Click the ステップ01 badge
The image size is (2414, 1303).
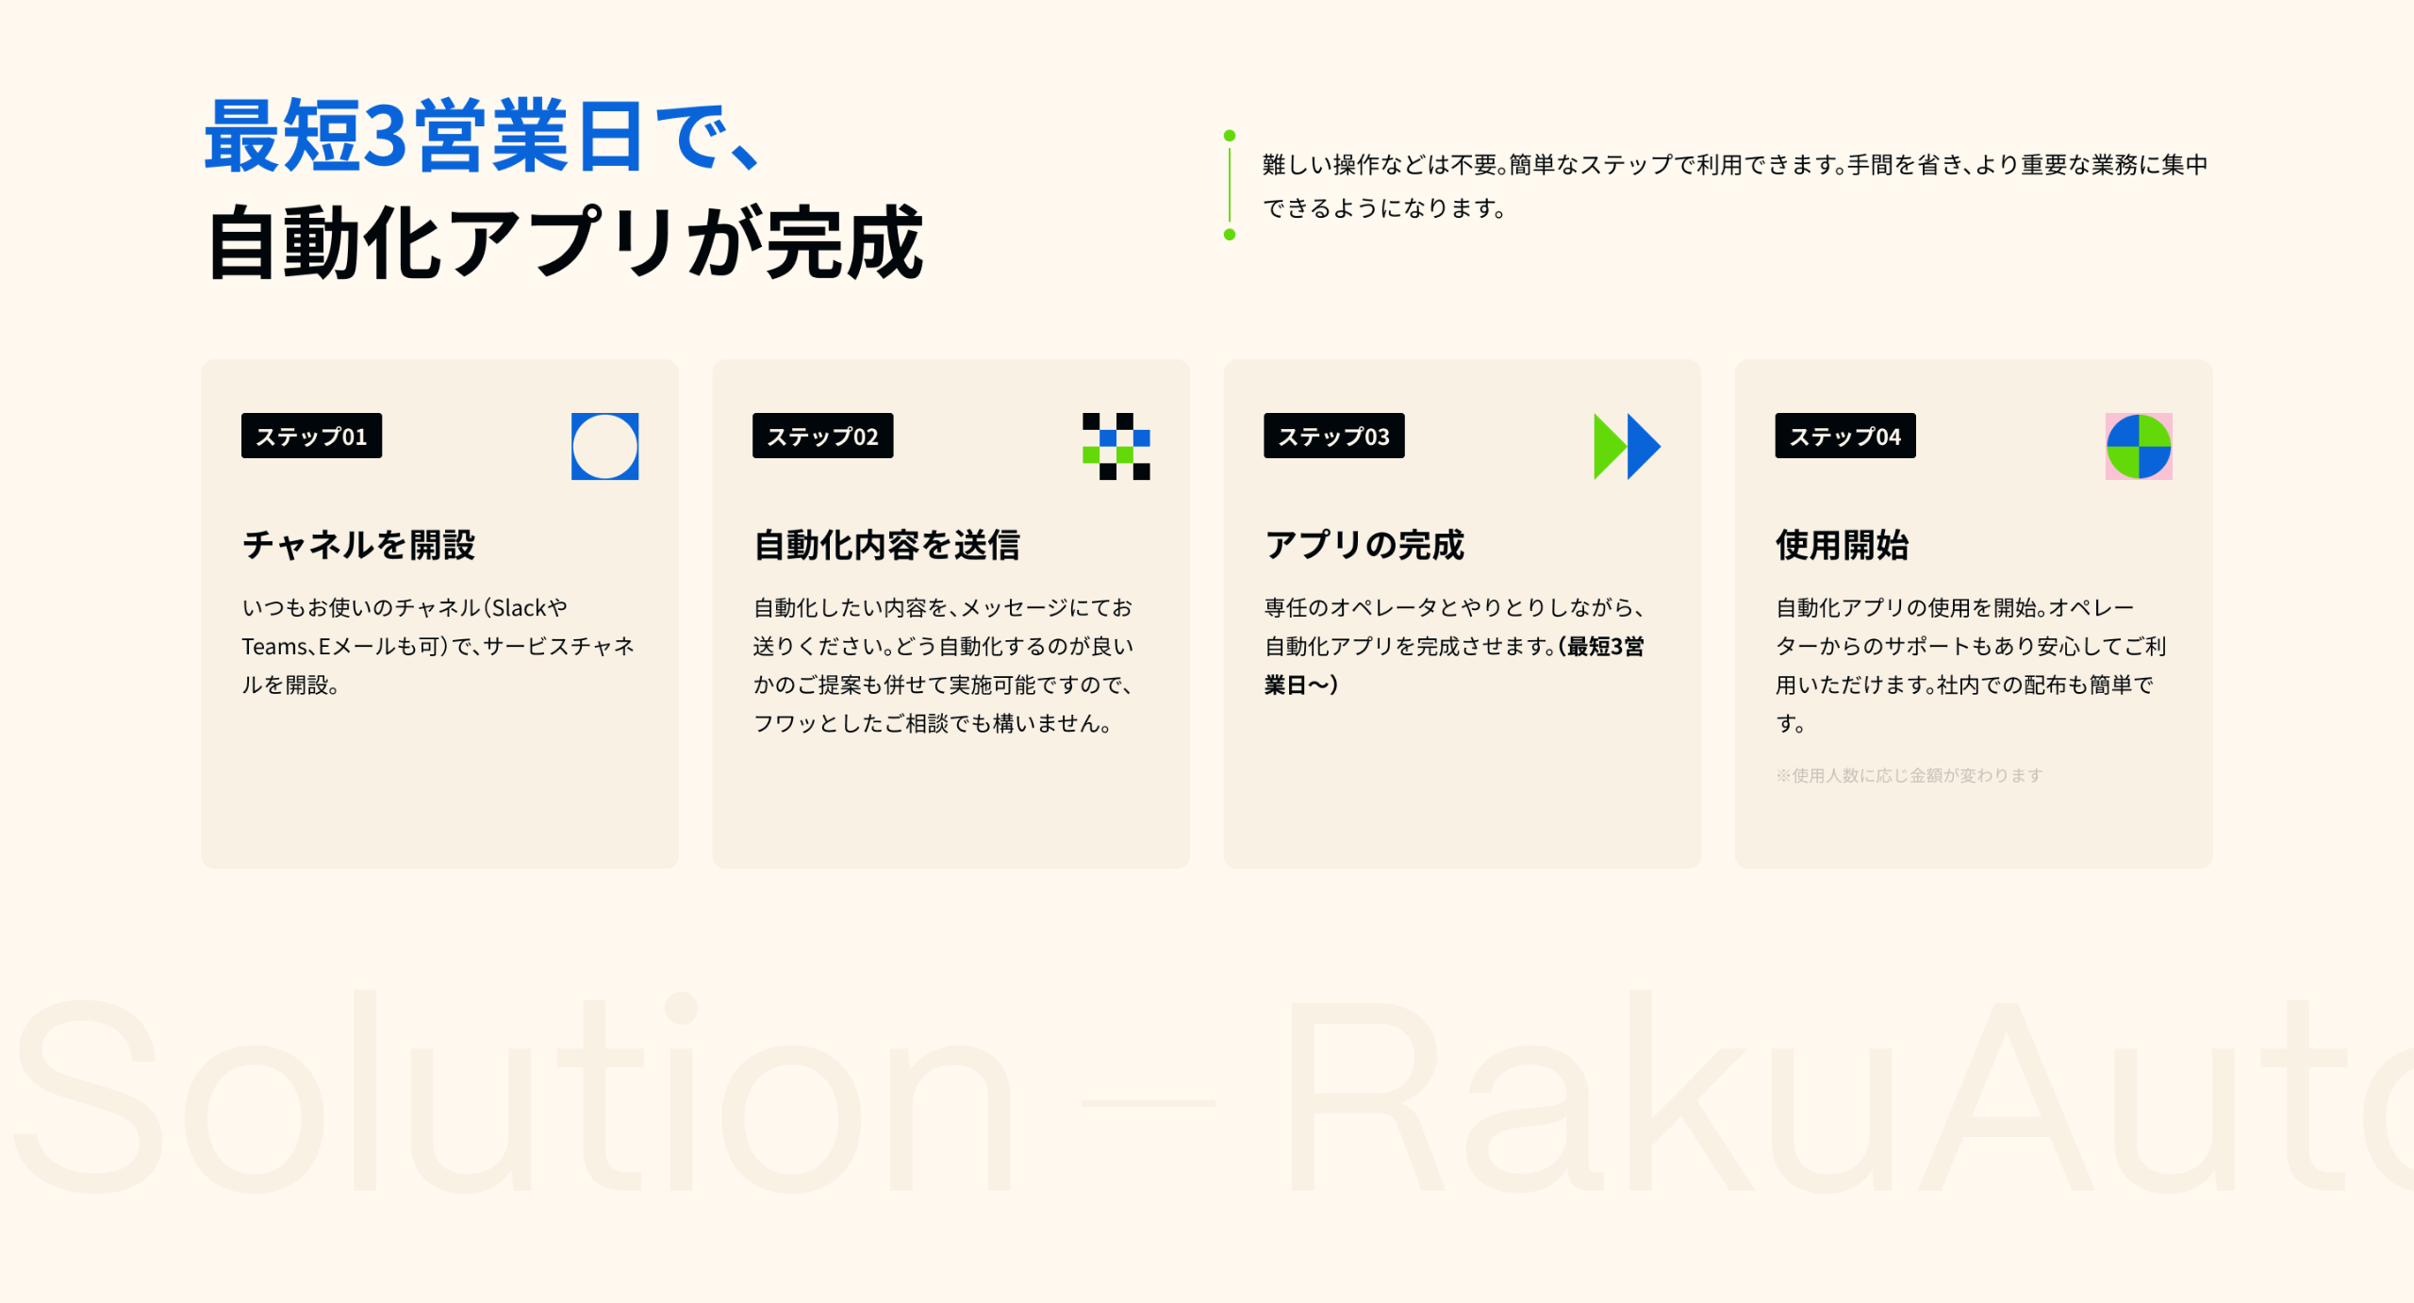311,436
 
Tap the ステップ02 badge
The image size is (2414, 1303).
822,436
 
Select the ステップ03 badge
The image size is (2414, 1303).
1333,436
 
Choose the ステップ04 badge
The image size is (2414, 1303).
1845,436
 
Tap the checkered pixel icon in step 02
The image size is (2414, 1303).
1116,446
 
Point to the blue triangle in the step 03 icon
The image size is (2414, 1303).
1643,446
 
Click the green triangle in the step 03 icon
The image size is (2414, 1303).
1609,446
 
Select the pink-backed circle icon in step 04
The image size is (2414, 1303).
2139,446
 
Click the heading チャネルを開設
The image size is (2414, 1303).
359,545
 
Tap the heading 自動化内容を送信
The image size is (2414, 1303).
886,545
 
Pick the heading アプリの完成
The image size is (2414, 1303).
1364,545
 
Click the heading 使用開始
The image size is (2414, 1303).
1843,545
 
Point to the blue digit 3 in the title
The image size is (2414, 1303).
385,137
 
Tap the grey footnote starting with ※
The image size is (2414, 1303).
1910,775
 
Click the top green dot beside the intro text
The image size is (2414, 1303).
1230,136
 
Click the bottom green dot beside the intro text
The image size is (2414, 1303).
1230,235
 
